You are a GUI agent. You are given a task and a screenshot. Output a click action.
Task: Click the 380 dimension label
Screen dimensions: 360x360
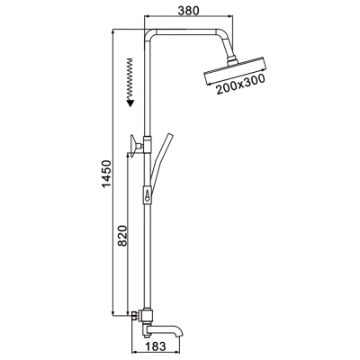[188, 11]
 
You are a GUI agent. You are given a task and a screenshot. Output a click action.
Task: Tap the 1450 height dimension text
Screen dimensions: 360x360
[106, 174]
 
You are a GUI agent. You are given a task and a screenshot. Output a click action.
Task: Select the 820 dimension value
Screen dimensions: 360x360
[122, 236]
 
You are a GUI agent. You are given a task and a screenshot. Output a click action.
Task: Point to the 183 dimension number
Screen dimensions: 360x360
[156, 346]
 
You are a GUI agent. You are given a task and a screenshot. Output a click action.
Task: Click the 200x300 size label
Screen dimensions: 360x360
[241, 85]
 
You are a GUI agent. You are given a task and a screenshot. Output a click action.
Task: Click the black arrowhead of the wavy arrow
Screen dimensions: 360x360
[130, 103]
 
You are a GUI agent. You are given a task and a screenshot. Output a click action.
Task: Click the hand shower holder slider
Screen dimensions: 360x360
[148, 195]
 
